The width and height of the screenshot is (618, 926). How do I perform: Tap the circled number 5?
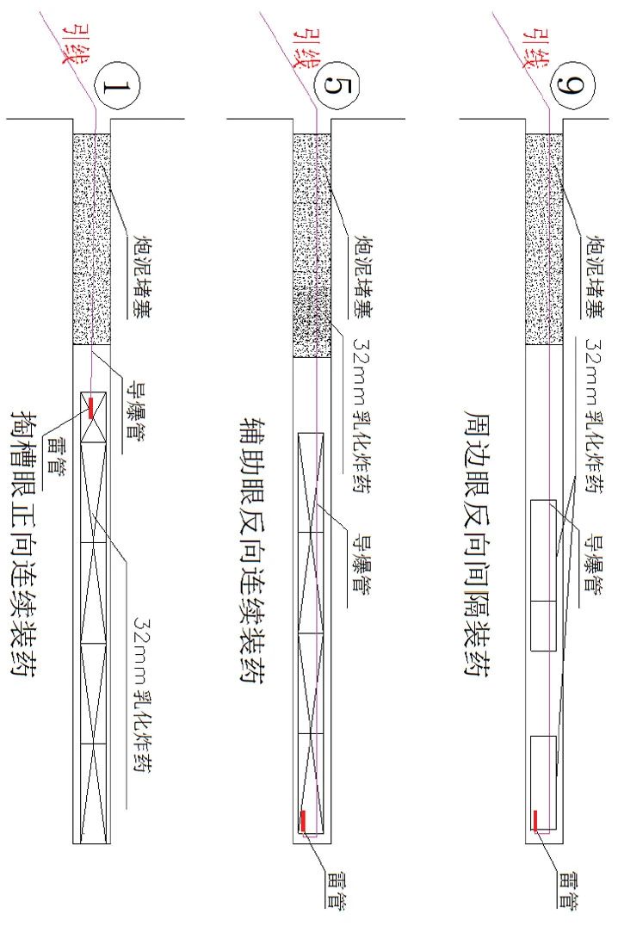pos(334,88)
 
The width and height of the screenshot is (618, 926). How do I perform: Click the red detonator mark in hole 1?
pos(90,407)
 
